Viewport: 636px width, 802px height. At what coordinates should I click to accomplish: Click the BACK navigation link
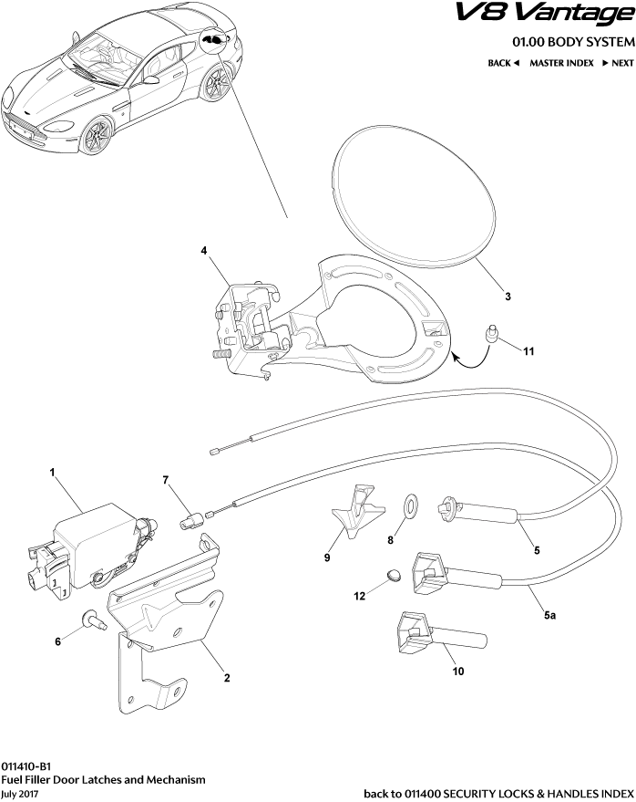(503, 63)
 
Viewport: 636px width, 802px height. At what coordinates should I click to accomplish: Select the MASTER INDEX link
(561, 63)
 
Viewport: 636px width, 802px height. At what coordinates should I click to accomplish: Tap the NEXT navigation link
(616, 63)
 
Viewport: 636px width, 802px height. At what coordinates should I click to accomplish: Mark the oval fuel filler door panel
(415, 196)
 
